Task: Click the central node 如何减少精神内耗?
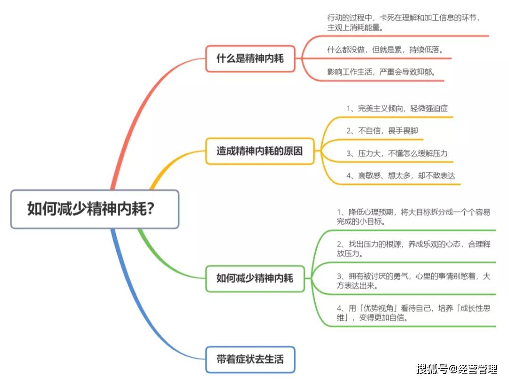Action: pos(95,209)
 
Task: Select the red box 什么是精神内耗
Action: pos(250,59)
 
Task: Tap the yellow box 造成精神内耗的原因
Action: pos(259,152)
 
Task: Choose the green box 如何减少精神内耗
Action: pos(254,278)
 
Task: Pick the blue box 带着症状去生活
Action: pos(250,359)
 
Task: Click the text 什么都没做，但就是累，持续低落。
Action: pos(385,50)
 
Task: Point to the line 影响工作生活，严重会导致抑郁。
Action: pos(381,72)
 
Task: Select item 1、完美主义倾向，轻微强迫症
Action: pos(397,109)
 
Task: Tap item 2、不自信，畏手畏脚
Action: pos(382,131)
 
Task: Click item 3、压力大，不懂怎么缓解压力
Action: pos(397,153)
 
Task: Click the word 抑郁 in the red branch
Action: pos(425,72)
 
